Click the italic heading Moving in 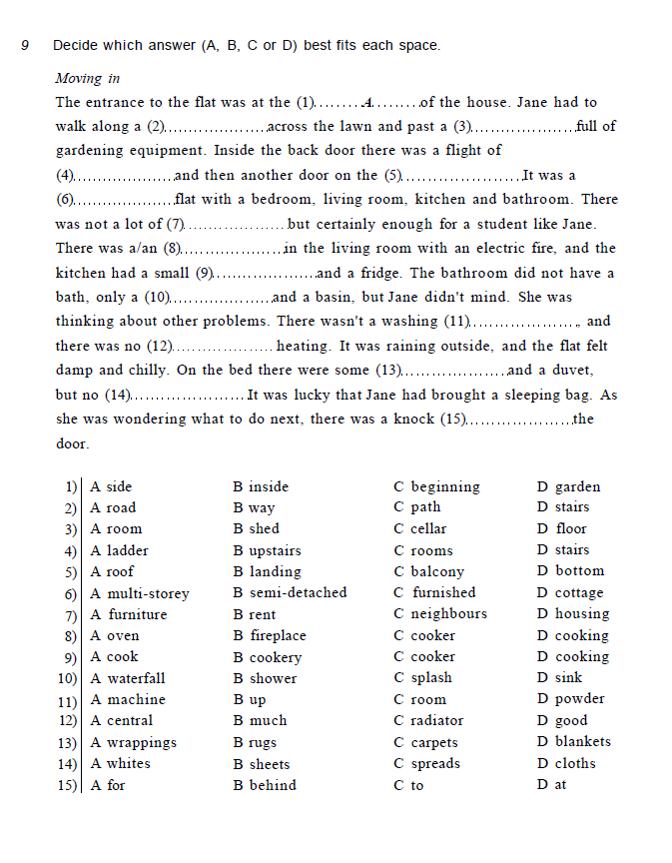(87, 78)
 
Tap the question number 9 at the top (25, 45)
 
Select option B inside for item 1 (261, 487)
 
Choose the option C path (417, 507)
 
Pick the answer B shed (257, 529)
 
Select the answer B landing (267, 571)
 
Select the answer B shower (265, 678)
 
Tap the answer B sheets (262, 764)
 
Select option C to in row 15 (409, 785)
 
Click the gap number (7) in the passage (176, 225)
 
